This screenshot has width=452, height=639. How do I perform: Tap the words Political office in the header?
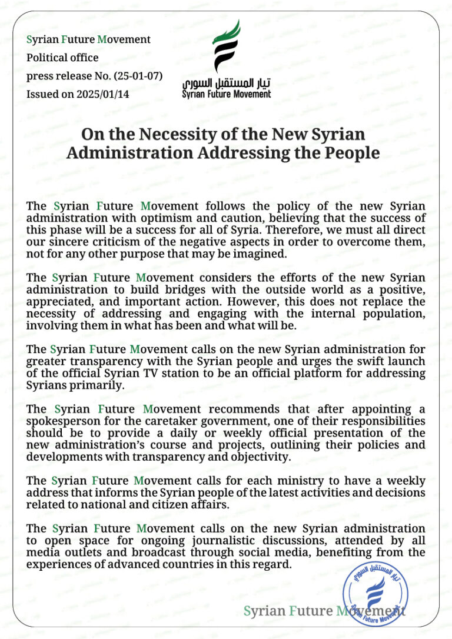[62, 58]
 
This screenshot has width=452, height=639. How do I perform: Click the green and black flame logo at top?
[226, 45]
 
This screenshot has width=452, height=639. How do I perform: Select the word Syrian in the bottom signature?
[264, 611]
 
